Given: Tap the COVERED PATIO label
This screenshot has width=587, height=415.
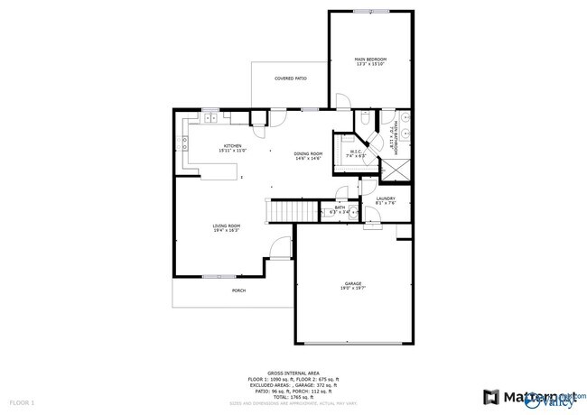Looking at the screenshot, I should click(x=290, y=79).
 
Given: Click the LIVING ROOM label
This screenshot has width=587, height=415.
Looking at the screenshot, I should click(x=226, y=227).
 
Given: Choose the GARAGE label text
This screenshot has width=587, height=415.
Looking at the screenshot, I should click(x=352, y=285).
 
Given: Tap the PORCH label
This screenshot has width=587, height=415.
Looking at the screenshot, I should click(x=238, y=290).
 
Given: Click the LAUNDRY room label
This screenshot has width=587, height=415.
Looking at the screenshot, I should click(x=386, y=200).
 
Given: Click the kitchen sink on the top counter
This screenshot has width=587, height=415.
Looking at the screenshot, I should click(x=210, y=117).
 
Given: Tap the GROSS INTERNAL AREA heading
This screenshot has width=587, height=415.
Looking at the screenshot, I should click(x=293, y=371).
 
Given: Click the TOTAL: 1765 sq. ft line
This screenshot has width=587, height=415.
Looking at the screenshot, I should click(x=293, y=396).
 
